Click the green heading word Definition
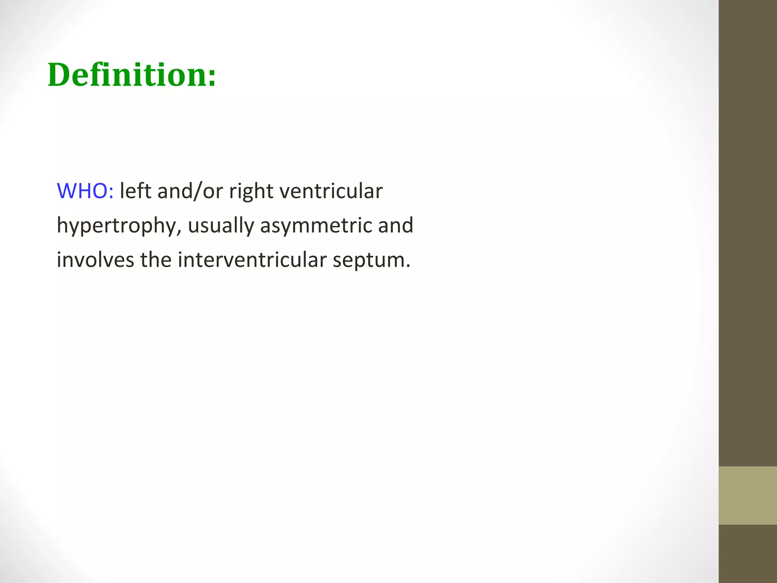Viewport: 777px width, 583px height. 127,75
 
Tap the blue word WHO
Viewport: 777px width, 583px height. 82,191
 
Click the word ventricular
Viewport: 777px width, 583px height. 331,191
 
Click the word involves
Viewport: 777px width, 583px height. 95,260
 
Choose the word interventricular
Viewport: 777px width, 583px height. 252,260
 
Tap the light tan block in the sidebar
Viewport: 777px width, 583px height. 747,495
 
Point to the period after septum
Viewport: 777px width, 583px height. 408,266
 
